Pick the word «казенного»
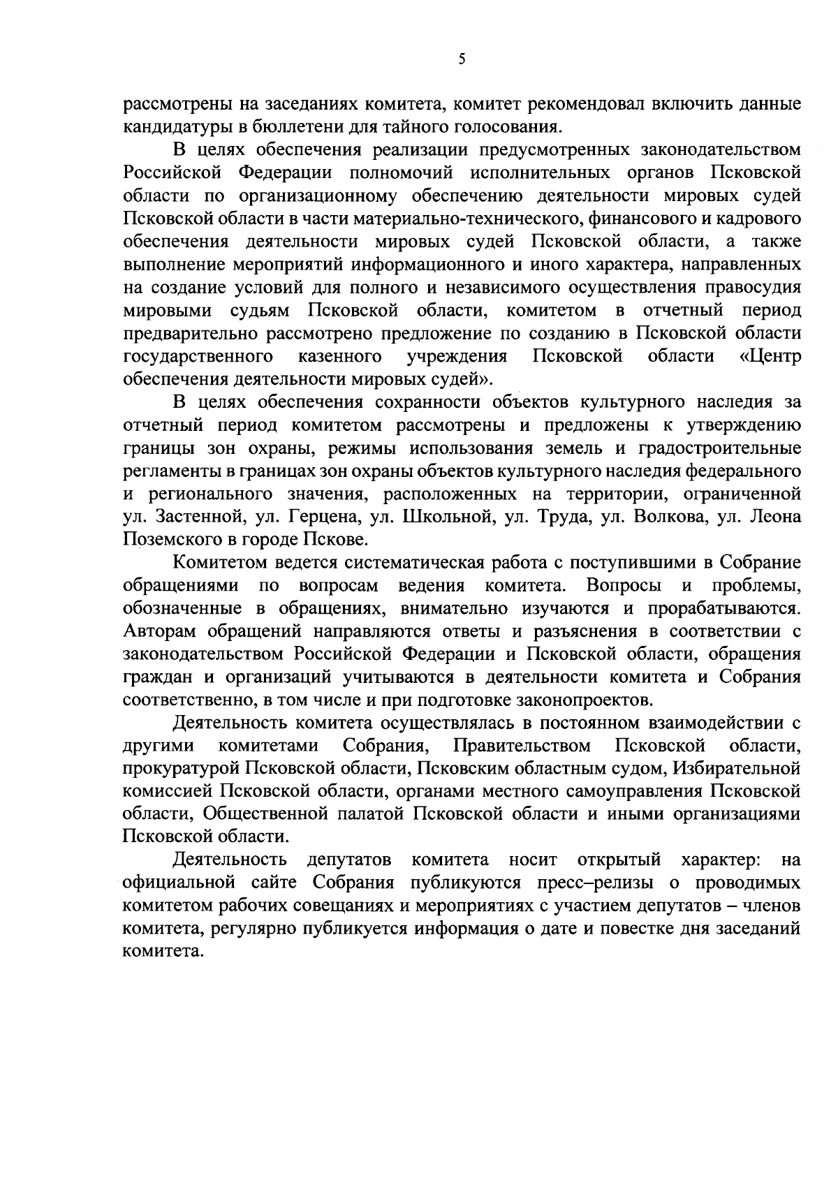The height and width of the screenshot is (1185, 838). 339,357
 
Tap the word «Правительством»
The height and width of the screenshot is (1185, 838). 522,745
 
